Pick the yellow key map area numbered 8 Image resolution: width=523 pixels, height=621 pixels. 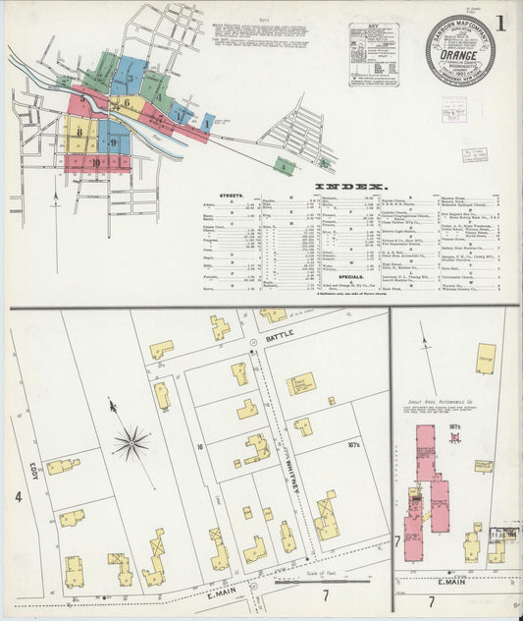click(x=78, y=130)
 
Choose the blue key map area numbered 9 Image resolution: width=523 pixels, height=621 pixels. click(x=113, y=142)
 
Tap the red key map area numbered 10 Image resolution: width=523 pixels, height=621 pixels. click(x=95, y=162)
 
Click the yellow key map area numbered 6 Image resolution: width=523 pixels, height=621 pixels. click(x=126, y=102)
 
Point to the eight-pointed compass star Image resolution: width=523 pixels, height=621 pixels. click(x=131, y=442)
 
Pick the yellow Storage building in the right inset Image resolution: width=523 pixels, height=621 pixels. click(x=485, y=359)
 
